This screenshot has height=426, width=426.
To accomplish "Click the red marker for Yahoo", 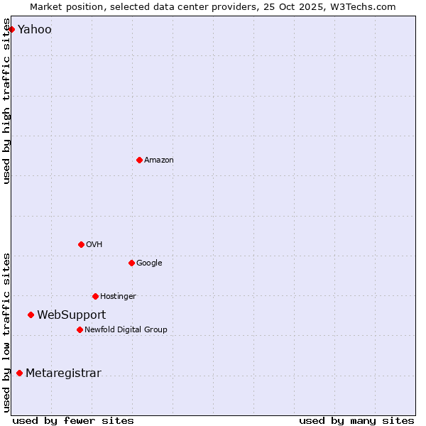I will coord(11,29).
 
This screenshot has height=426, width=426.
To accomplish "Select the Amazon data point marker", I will coord(139,160).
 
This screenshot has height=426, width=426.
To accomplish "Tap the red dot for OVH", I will coord(81,244).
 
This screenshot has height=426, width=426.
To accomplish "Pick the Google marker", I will coord(131,263).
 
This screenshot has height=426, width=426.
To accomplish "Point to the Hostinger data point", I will coord(95,296).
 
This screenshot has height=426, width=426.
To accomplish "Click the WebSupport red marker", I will coord(31,315).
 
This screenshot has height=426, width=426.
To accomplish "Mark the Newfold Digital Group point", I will coord(80,329).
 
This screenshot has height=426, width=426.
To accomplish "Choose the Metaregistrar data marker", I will coord(19,373).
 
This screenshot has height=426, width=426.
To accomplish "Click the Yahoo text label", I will coord(34,29).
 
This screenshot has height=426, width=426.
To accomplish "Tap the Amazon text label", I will coord(158,160).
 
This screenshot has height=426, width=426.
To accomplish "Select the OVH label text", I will coord(94,244).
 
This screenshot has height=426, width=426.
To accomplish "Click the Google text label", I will coord(149,263).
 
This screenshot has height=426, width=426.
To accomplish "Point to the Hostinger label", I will coord(118,296).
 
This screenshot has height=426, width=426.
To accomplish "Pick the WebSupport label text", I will coord(71,315).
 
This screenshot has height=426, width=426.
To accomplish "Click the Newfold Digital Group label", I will coord(126,329).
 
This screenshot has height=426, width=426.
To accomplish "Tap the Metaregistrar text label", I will coord(63,373).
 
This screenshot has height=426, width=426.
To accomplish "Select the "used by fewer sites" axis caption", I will coord(73,420).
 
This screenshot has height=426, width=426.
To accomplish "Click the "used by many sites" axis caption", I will coord(356,420).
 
